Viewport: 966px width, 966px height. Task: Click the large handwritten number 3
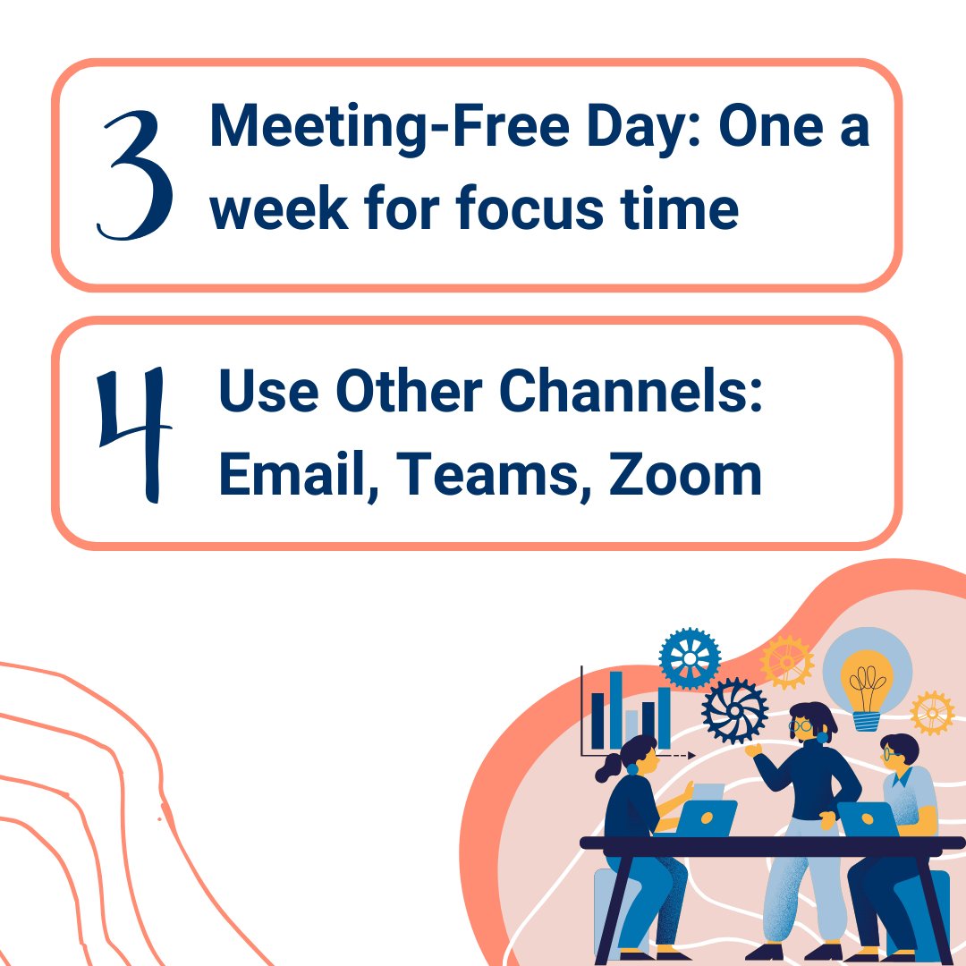coord(135,174)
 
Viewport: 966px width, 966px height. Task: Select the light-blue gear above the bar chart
coord(690,658)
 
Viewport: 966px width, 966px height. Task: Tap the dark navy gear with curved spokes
coord(735,711)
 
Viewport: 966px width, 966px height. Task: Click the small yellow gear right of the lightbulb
coord(932,713)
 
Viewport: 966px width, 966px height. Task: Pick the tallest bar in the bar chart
coord(615,711)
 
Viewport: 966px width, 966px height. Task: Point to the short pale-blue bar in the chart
coord(631,730)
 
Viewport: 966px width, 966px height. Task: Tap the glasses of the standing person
coord(803,727)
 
